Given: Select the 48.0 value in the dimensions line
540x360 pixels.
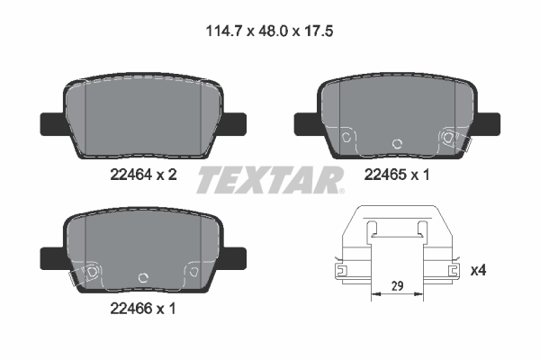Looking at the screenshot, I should click(269, 30).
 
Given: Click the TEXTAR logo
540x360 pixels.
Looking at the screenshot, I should click(270, 180).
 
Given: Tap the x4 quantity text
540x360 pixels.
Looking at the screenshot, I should click(478, 269).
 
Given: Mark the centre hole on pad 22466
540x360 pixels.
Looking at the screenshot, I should click(139, 278).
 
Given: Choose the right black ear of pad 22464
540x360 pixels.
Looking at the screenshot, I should click(234, 119).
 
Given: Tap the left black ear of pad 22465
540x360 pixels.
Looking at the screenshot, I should click(303, 119).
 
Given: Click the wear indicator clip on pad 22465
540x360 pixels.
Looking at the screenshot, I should click(451, 138).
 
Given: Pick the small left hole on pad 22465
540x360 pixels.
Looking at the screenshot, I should click(346, 137).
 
